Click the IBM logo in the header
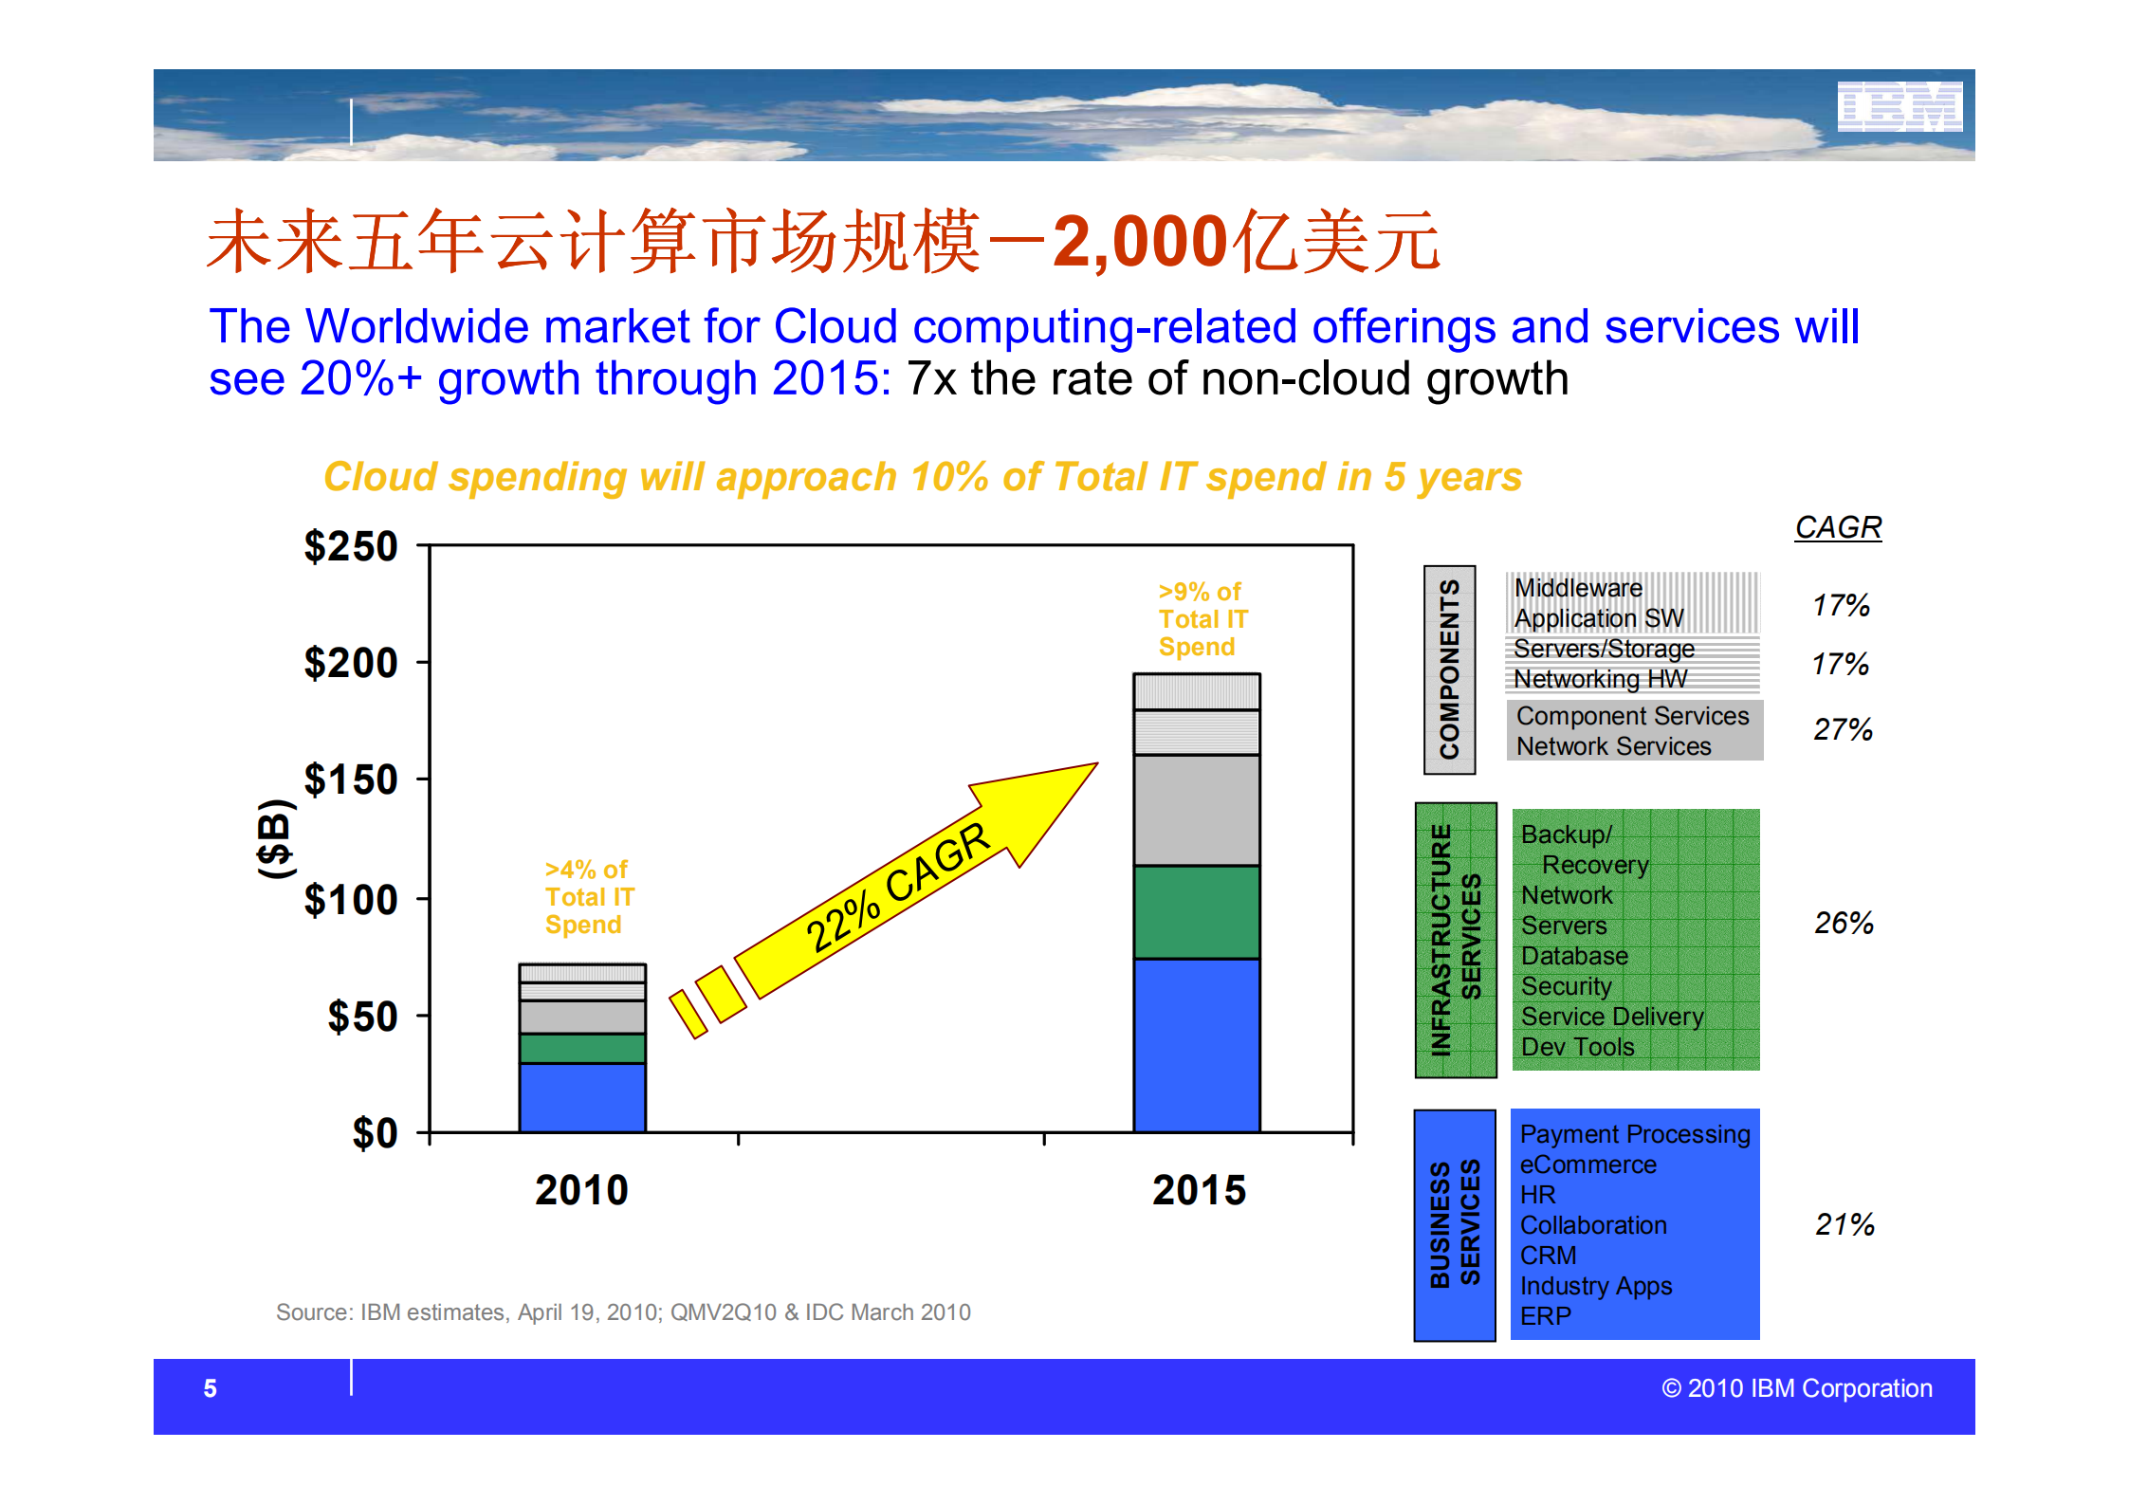click(1899, 106)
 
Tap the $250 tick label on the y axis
click(350, 547)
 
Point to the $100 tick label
click(350, 900)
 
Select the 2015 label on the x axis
click(1199, 1190)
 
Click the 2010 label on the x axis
click(581, 1190)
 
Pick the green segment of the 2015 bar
click(1197, 912)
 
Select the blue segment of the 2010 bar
click(582, 1097)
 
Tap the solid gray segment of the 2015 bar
click(1197, 810)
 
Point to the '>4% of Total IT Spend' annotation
click(588, 897)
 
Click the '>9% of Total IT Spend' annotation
click(1202, 619)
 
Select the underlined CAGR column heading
click(1837, 527)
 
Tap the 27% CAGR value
click(1842, 729)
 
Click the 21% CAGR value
click(1844, 1224)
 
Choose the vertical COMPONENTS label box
click(1449, 669)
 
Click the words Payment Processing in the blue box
click(1634, 1134)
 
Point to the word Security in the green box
click(1566, 986)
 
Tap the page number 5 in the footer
click(211, 1388)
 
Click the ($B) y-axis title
click(275, 838)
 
